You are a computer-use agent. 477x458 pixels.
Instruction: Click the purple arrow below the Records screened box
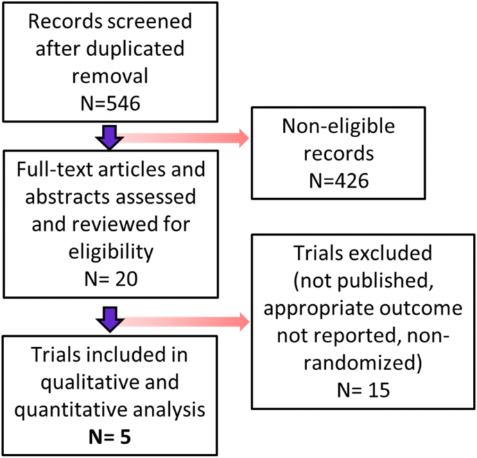pyautogui.click(x=110, y=139)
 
